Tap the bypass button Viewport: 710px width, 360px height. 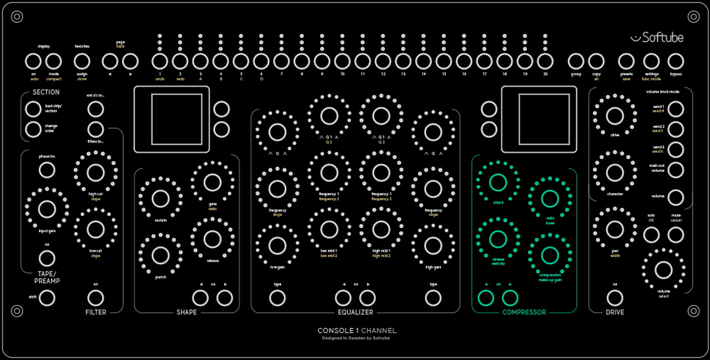click(x=675, y=61)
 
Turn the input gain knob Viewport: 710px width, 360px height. click(x=47, y=209)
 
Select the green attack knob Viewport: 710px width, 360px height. click(x=498, y=182)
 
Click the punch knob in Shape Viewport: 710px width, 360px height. click(x=160, y=255)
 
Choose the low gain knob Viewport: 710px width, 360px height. click(x=277, y=247)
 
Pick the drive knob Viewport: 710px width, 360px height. click(x=615, y=116)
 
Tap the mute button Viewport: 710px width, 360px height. click(x=675, y=235)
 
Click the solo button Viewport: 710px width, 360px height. click(x=651, y=235)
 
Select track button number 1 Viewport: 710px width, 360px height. click(x=160, y=61)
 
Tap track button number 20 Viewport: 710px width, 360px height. click(x=545, y=61)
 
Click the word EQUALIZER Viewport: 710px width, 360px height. click(x=356, y=312)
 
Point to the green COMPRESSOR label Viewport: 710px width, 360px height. click(x=524, y=312)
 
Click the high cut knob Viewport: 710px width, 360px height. click(x=95, y=173)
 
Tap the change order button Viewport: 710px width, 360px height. click(x=33, y=129)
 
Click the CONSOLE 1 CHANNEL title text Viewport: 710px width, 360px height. click(x=357, y=331)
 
